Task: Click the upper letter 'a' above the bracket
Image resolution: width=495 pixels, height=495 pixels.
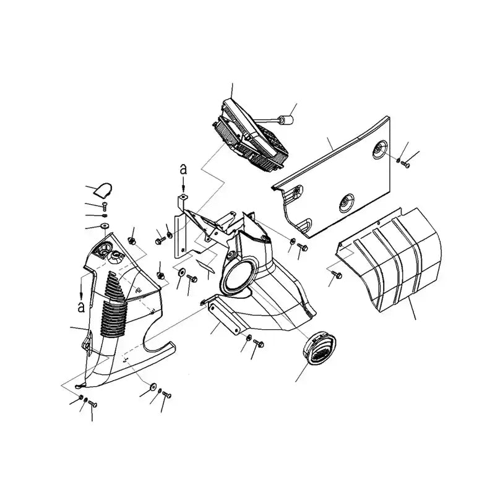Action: (183, 168)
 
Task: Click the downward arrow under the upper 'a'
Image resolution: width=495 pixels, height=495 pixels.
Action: (183, 184)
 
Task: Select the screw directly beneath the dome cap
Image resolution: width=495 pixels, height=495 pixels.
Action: (103, 205)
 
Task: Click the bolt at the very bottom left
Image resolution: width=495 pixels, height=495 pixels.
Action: (92, 403)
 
